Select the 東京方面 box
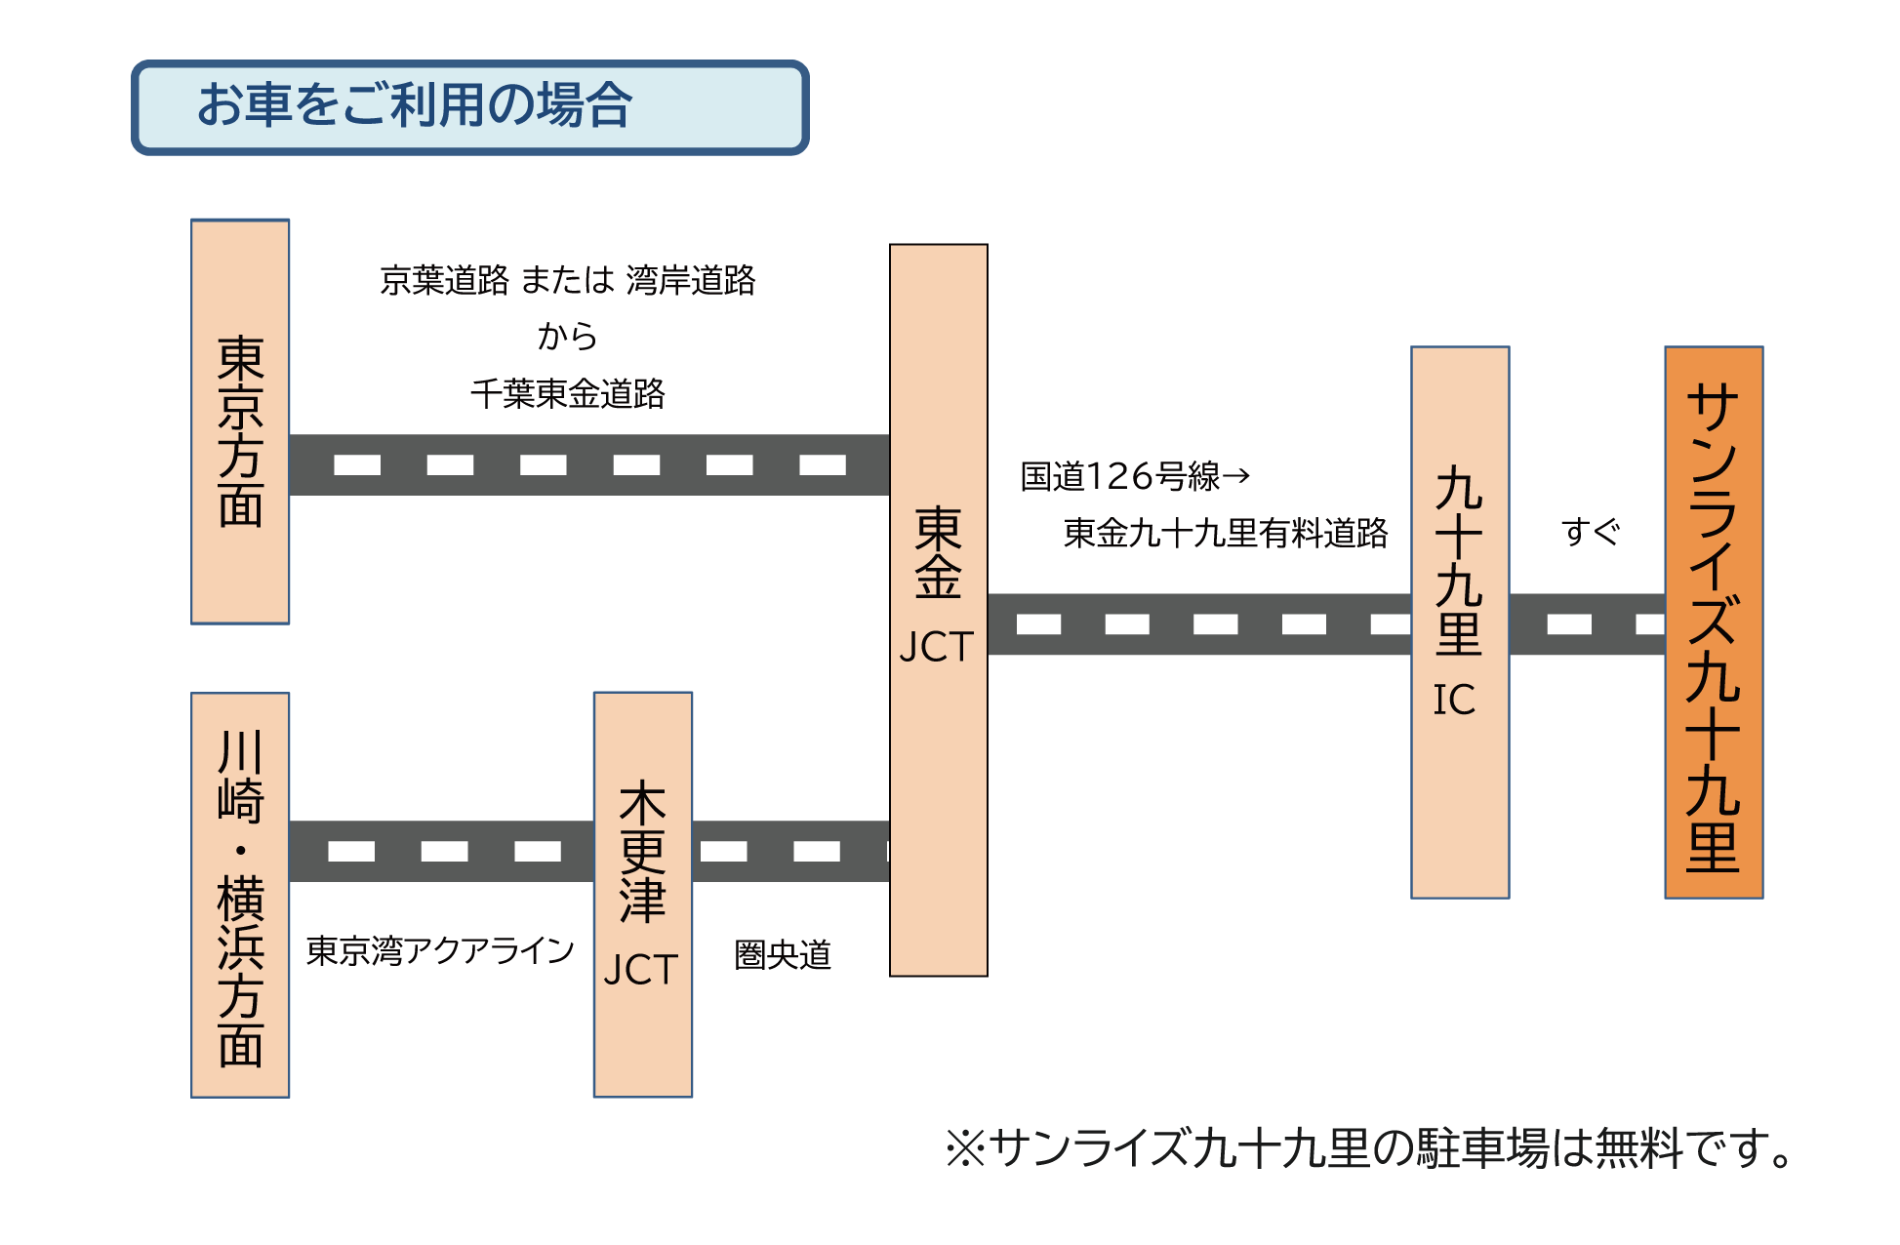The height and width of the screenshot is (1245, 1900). (240, 422)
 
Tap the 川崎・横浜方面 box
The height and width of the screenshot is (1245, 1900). (240, 895)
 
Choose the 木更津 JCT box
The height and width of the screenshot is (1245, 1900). (643, 894)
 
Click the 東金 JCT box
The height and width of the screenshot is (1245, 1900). (939, 610)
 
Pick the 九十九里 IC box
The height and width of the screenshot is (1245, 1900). (1460, 622)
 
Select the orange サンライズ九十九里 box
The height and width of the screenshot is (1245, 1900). (1714, 622)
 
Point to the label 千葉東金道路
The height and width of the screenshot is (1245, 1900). (567, 394)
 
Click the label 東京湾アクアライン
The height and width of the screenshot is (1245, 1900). (440, 950)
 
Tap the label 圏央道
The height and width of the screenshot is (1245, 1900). (783, 955)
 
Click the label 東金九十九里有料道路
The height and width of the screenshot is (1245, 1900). (1225, 533)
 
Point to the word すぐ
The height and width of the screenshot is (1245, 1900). (1591, 532)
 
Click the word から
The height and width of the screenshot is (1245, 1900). (567, 337)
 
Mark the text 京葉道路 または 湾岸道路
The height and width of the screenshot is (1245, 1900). (567, 280)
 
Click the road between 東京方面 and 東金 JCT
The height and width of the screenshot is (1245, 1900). (589, 464)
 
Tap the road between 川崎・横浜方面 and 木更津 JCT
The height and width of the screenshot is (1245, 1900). (441, 851)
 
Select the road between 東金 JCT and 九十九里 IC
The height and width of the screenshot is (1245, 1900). (1199, 623)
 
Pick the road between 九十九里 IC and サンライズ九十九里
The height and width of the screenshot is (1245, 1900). (1587, 623)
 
